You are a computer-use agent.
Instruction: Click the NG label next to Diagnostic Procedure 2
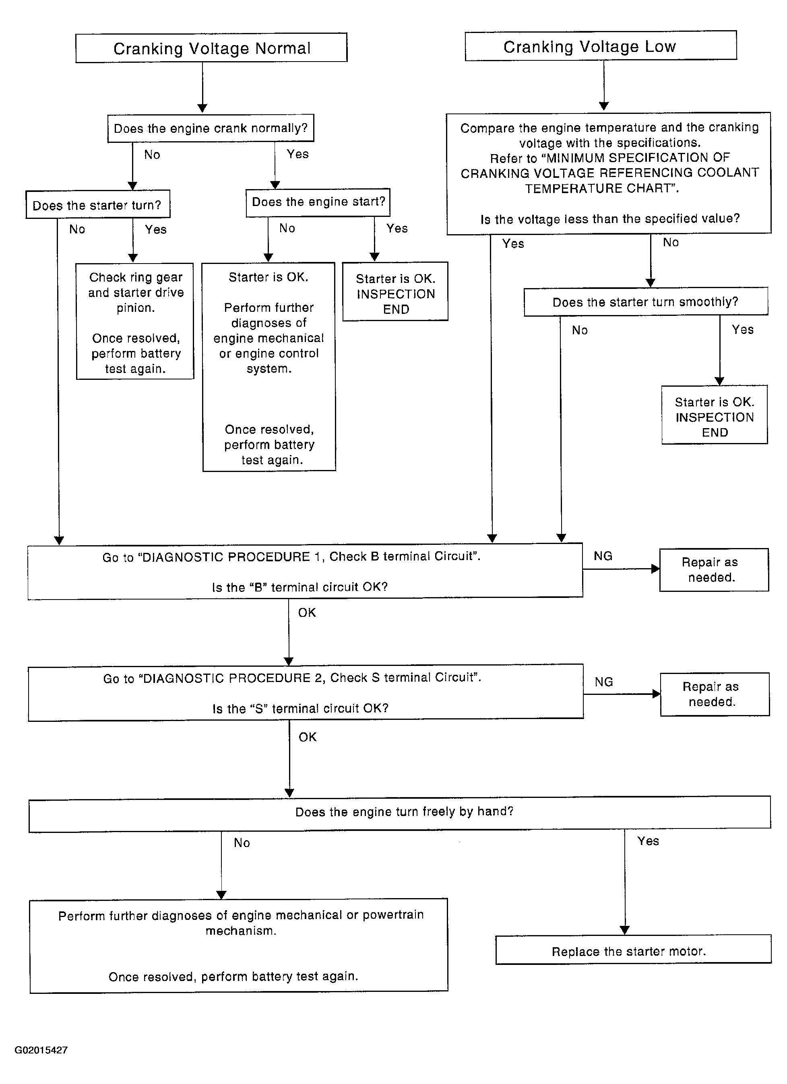click(604, 682)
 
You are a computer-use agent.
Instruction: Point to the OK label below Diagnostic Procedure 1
click(307, 613)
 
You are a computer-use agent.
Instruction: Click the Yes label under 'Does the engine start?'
click(397, 229)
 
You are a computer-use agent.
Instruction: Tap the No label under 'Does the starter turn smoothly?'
click(580, 330)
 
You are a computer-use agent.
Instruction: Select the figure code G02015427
click(41, 1050)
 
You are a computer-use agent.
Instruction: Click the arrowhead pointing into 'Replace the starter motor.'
click(624, 931)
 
